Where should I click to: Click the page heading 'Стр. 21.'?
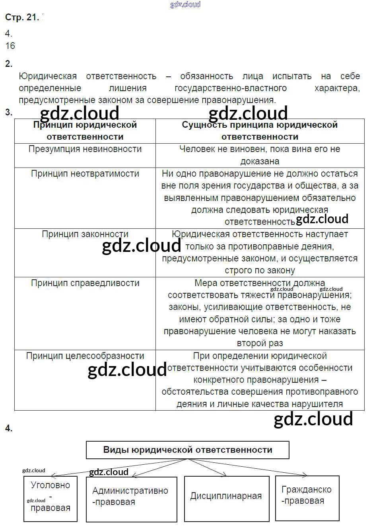point(22,17)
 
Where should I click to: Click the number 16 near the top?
point(10,46)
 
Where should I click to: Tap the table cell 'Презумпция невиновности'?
point(85,149)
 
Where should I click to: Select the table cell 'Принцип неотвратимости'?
point(85,174)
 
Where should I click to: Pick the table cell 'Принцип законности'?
point(85,234)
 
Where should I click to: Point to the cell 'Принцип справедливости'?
point(85,283)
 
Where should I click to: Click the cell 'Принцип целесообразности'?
point(85,356)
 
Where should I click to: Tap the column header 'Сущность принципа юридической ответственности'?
point(260,131)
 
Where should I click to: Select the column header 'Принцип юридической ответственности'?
point(85,131)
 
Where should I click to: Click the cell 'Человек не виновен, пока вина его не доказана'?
point(260,155)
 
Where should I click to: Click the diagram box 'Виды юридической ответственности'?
point(188,450)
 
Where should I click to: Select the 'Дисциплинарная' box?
point(226,496)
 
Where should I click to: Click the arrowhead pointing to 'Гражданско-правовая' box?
point(305,474)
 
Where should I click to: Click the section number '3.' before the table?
point(9,113)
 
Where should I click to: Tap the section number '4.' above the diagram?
point(9,429)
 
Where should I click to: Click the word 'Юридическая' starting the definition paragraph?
point(48,76)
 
